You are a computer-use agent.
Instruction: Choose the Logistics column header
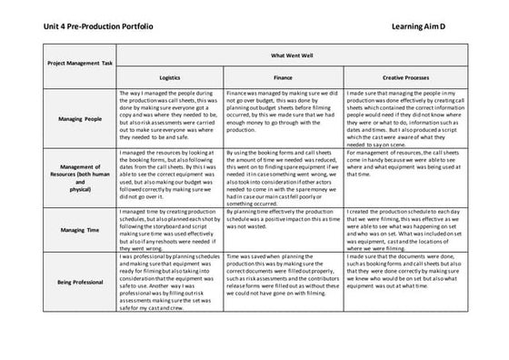(170, 79)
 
